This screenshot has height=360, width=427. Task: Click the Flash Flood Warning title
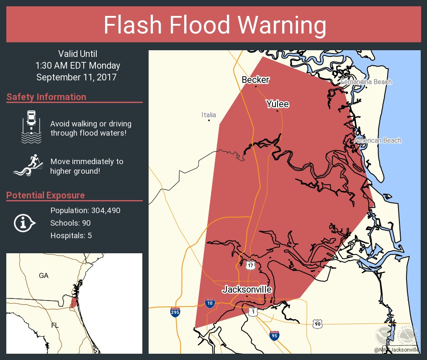pos(215,25)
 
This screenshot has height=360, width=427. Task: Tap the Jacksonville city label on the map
pos(247,289)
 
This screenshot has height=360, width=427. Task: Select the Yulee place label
pos(278,104)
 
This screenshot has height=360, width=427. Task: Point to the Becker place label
pos(255,80)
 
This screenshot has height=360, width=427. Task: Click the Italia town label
pos(208,115)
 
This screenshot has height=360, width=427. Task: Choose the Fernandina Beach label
pos(366,82)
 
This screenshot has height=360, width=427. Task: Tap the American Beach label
pos(378,140)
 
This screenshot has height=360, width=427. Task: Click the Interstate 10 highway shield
pos(210,303)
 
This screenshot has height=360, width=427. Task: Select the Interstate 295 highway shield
pos(175,312)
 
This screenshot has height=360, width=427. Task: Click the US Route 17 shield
pos(250,265)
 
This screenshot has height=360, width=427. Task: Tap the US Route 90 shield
pos(317,323)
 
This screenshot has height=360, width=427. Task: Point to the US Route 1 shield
pos(252,311)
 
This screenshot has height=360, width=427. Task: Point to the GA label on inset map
pos(44,275)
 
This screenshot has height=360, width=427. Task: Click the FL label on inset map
pos(54,325)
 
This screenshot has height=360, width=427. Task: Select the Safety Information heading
pos(46,97)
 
